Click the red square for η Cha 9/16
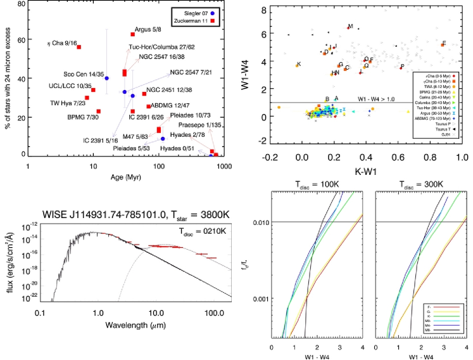click(79, 47)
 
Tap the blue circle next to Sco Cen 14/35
click(106, 78)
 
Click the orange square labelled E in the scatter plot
click(443, 44)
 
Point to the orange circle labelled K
click(296, 65)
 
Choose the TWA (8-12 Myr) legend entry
click(433, 86)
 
